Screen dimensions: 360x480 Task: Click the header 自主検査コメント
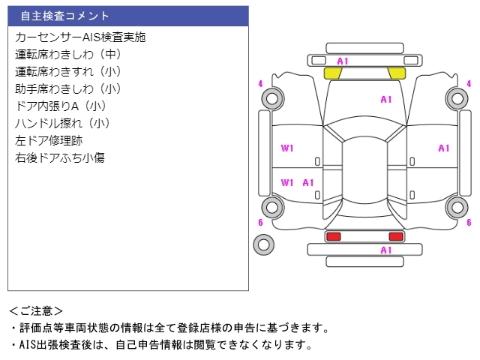pos(65,16)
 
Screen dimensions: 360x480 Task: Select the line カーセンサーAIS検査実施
pos(80,37)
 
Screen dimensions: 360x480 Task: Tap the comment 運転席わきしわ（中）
pos(68,54)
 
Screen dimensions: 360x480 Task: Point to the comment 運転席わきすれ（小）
pos(68,71)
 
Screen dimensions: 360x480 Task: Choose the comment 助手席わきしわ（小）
pos(68,88)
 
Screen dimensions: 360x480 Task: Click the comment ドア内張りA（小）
pos(61,106)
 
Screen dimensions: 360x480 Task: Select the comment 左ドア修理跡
pos(49,140)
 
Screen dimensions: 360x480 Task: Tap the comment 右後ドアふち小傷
pos(59,157)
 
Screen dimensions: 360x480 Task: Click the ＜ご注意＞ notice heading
pos(36,310)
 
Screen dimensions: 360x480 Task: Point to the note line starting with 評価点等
pos(169,328)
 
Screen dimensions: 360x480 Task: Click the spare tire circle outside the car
pos(263,244)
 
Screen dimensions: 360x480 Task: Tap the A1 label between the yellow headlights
pos(343,61)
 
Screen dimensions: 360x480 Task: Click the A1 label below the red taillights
pos(386,250)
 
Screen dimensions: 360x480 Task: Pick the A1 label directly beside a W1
pos(308,182)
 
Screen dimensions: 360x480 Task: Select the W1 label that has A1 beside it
pos(287,182)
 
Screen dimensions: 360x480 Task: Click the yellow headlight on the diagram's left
pos(332,73)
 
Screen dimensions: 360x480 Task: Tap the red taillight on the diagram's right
pos(395,236)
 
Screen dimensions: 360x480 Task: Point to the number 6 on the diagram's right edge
pos(469,223)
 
